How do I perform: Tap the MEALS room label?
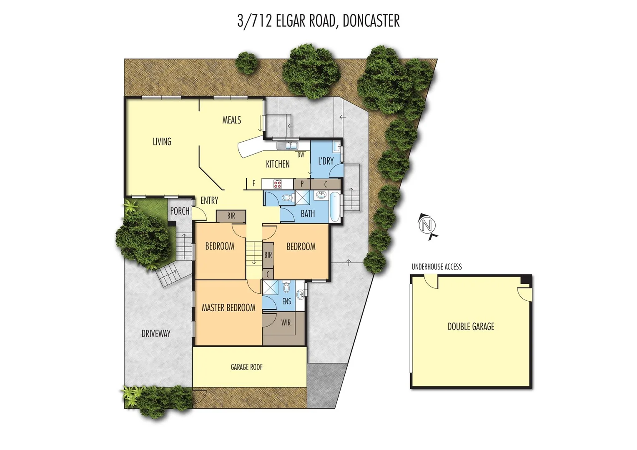click(231, 120)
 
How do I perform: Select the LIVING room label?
click(162, 142)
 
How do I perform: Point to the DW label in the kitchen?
click(301, 155)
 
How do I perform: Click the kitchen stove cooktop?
click(278, 184)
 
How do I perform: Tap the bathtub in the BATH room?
click(334, 207)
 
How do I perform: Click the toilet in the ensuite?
click(286, 287)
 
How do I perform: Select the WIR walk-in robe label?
click(286, 322)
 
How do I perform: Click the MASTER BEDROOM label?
click(228, 308)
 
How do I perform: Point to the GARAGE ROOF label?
click(246, 367)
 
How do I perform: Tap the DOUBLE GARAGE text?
click(471, 327)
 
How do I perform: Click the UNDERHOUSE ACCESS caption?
click(436, 267)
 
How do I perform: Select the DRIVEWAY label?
click(156, 333)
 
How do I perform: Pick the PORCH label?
click(180, 211)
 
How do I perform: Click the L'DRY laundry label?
click(326, 161)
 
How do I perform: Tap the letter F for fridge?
click(253, 183)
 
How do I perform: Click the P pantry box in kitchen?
click(302, 184)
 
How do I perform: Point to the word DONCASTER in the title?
click(371, 21)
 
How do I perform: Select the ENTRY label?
click(209, 200)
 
